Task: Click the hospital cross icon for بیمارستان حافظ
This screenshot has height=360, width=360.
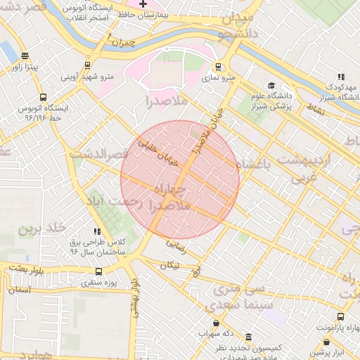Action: (143, 4)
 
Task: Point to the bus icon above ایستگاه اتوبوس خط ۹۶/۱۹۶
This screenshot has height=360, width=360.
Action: (44, 98)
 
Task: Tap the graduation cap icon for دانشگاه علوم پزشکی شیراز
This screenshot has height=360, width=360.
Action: (271, 86)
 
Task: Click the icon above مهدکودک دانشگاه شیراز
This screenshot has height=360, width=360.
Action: (341, 77)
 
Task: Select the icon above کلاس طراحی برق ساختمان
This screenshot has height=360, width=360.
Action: (98, 231)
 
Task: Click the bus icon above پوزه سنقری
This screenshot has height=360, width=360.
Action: (98, 271)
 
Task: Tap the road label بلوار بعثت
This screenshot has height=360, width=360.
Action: (25, 268)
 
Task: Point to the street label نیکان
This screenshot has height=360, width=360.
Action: (169, 266)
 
